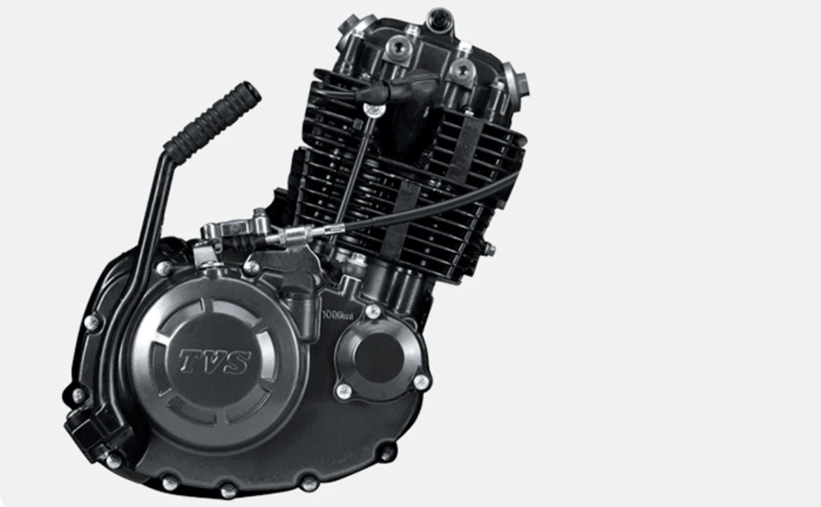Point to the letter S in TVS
coord(238,362)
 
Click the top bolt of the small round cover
coord(373,311)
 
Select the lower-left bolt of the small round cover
coord(343,391)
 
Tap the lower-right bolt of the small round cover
coord(421,382)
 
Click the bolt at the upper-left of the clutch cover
coord(164,268)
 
